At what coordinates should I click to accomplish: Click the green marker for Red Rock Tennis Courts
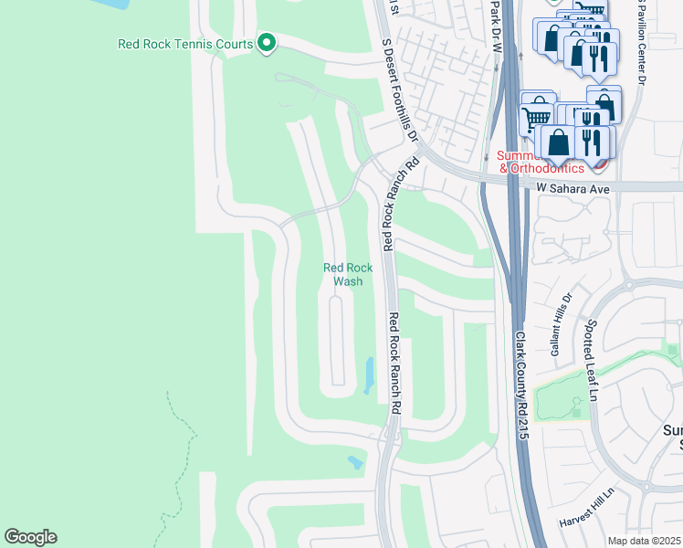click(267, 43)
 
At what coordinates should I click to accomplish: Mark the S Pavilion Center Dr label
click(642, 41)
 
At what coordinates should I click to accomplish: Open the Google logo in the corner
click(31, 537)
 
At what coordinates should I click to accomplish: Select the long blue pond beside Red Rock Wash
click(369, 374)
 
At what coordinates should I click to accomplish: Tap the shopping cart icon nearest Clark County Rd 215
click(536, 115)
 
